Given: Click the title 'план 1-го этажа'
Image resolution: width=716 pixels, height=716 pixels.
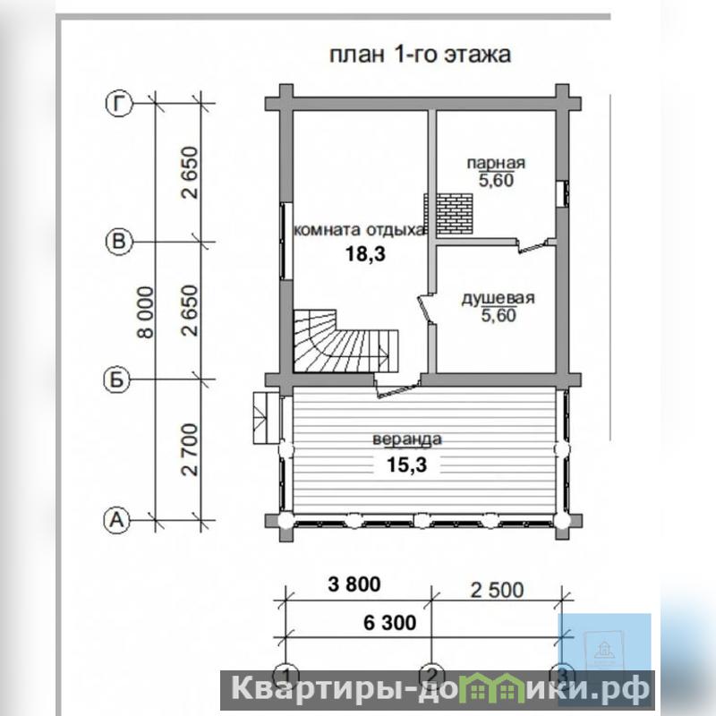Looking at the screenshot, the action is [x=420, y=55].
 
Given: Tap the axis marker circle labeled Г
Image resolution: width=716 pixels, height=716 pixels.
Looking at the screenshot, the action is [x=119, y=104].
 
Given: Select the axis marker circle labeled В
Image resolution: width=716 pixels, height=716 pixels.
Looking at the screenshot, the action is [x=119, y=241].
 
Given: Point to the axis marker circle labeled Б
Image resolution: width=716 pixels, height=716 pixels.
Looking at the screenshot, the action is [x=117, y=379].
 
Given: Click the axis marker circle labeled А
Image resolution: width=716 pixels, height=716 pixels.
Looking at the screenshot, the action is [x=117, y=520].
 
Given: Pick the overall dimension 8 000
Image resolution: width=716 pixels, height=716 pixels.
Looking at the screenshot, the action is [x=146, y=311].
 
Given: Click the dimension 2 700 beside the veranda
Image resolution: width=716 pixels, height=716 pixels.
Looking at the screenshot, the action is [x=190, y=450].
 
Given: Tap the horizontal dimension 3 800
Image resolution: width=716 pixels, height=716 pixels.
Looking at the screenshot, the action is [x=354, y=584].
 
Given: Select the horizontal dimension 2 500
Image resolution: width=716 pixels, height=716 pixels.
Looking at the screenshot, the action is [x=498, y=591].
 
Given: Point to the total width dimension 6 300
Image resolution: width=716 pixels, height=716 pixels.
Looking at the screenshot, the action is [x=390, y=622].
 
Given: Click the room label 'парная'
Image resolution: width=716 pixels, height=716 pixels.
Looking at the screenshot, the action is [x=496, y=163].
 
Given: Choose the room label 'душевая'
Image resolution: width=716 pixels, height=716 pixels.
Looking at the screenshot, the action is [x=498, y=298].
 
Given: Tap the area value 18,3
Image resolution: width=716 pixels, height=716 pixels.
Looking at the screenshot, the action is [x=365, y=253].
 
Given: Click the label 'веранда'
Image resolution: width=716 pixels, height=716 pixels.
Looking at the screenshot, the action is [x=407, y=439].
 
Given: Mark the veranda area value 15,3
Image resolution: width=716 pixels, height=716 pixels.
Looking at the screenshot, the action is [x=407, y=465].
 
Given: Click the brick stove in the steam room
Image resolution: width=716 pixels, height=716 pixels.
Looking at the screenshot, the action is [x=448, y=214].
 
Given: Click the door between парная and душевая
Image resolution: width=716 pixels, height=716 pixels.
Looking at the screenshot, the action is [x=533, y=245].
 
